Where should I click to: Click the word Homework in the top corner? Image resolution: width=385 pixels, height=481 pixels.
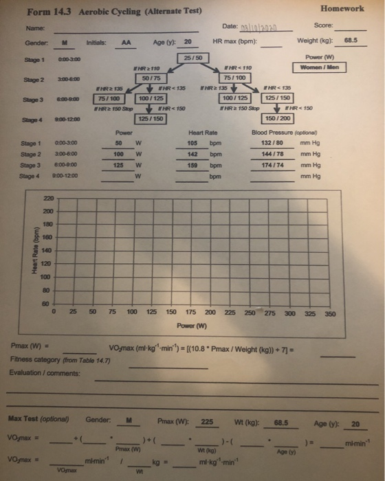pyautogui.click(x=342, y=9)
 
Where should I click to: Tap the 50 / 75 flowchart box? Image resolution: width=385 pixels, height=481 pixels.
pyautogui.click(x=146, y=78)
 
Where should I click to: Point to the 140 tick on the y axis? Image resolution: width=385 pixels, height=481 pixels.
pyautogui.click(x=46, y=250)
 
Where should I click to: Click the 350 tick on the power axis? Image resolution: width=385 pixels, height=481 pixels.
pyautogui.click(x=330, y=313)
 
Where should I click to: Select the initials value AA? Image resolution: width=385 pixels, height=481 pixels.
pyautogui.click(x=126, y=41)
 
